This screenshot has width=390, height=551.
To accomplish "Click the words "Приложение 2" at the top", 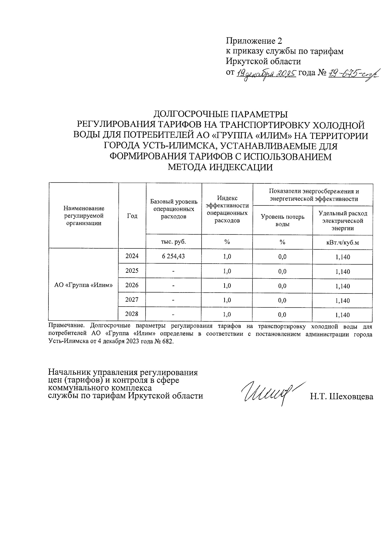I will [x=254, y=41].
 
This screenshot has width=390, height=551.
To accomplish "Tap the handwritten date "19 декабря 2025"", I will [x=266, y=74].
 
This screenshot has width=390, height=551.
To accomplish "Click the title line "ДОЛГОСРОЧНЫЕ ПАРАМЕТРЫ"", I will [x=220, y=115].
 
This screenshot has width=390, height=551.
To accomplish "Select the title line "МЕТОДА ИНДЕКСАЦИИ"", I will [x=220, y=168].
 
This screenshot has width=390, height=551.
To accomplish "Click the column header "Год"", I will [x=132, y=216].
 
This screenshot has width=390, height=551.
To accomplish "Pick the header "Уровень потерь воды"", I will [x=282, y=220].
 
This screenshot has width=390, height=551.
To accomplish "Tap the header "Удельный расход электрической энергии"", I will [x=343, y=220].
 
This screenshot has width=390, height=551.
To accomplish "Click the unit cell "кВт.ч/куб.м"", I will [x=343, y=243].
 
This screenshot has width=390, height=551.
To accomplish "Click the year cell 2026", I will [x=132, y=285].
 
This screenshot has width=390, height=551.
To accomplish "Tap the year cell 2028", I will [x=132, y=314].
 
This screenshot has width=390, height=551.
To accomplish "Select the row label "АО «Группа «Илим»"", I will [x=83, y=285].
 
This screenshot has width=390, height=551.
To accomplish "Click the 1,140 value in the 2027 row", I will [x=343, y=301].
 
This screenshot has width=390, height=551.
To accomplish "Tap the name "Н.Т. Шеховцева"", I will [x=341, y=396].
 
